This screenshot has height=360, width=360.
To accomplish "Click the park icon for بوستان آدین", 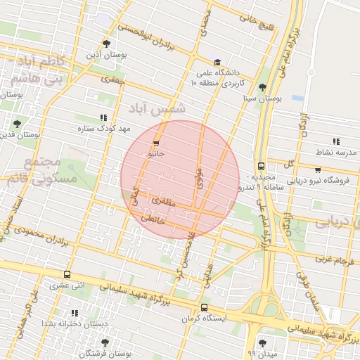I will coord(106,44).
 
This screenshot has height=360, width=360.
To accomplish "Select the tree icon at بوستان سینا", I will coord(262,88).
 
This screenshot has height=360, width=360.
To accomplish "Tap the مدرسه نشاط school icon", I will coord(335,141).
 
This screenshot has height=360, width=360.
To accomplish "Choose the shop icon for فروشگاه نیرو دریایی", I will coord(318,169).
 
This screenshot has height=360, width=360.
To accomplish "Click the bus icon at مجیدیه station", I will coord(261,167).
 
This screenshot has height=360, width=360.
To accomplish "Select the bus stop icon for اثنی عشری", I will coord(67,275).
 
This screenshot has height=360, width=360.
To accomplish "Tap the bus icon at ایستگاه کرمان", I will coord(204,307).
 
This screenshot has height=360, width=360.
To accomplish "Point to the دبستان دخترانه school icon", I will coord(75,313).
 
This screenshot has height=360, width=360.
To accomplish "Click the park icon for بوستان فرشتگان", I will coord(105,342).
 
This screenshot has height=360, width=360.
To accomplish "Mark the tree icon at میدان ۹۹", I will coord(262,344).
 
